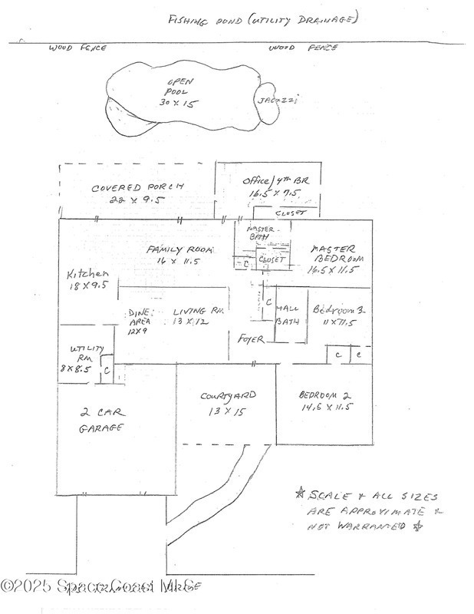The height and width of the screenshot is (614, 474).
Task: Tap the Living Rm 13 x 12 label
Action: click(x=196, y=315)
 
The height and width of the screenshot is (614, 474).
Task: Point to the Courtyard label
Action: click(x=227, y=403)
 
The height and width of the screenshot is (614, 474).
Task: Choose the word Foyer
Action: click(x=250, y=338)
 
